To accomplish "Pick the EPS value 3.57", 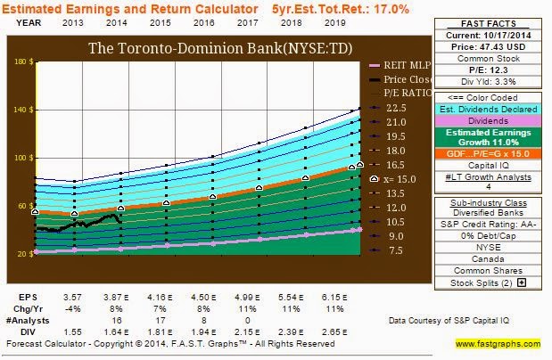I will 80,295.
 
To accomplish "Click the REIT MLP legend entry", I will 407,65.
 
